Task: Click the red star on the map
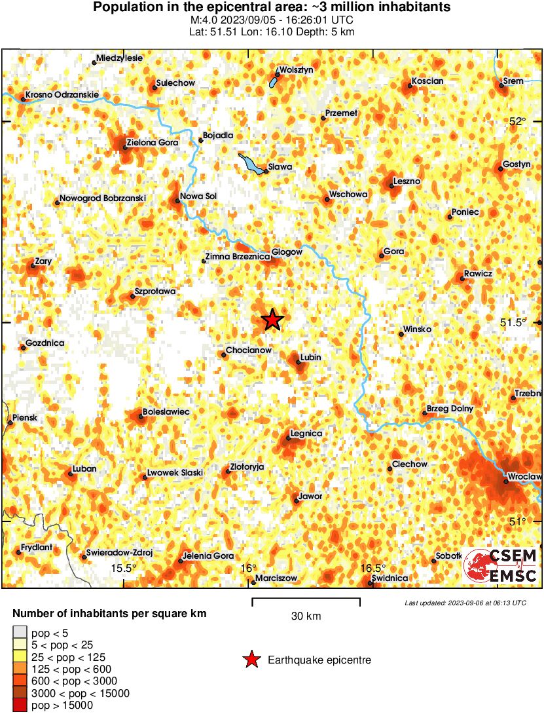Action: [x=272, y=320]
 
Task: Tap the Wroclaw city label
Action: [x=524, y=476]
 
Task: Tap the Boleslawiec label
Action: [x=166, y=411]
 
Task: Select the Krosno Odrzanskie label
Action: [x=62, y=94]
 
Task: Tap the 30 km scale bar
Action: [x=306, y=599]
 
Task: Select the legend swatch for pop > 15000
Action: [x=20, y=705]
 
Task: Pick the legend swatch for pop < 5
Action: [x=20, y=633]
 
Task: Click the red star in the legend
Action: [x=251, y=660]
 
